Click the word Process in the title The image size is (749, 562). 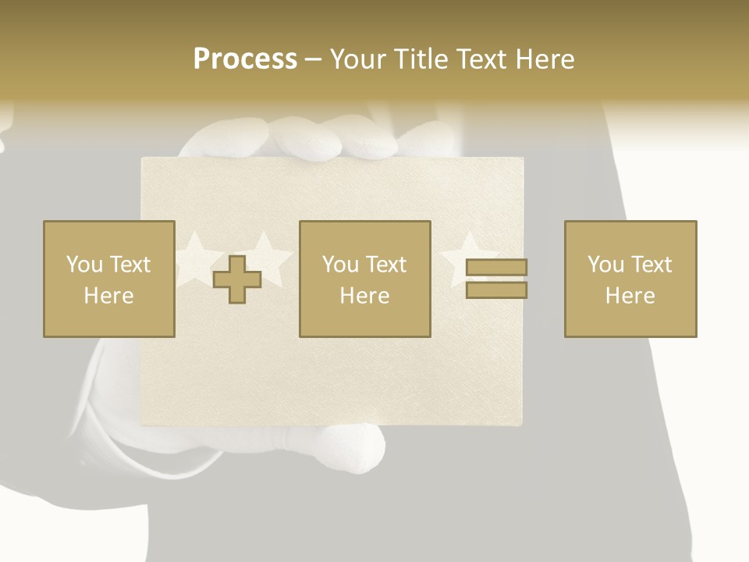point(245,59)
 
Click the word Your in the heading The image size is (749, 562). point(358,59)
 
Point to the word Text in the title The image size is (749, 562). point(483,59)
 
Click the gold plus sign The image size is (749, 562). point(237,279)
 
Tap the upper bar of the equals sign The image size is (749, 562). point(496,268)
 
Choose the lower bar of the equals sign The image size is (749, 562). point(496,290)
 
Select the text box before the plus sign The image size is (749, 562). point(109,279)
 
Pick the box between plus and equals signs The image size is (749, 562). point(365,279)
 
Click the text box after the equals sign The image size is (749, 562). point(630,279)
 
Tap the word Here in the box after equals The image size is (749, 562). point(630,296)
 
